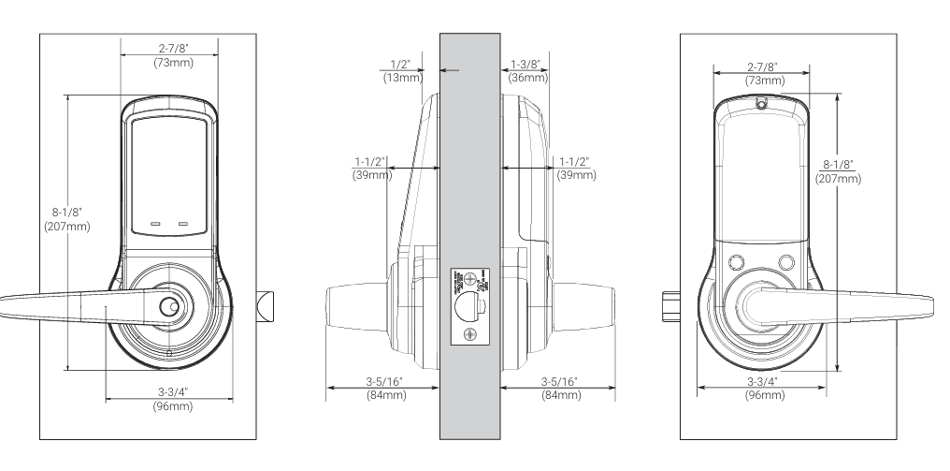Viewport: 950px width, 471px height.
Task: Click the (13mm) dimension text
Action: pos(400,79)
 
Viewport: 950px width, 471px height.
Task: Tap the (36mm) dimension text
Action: pos(527,79)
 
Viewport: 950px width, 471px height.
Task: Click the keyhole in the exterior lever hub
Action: pos(167,306)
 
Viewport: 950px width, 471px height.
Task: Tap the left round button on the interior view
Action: pos(735,262)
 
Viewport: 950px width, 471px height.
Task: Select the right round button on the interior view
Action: pos(786,262)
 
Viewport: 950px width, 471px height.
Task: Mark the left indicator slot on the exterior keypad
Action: pos(155,225)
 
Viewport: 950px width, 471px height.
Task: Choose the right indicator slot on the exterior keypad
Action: pos(184,225)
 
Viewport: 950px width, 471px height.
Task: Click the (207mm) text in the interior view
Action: pos(837,177)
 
